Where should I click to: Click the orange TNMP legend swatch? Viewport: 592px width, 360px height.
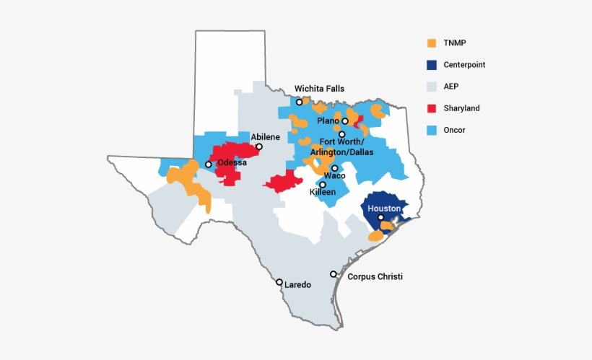pos(432,43)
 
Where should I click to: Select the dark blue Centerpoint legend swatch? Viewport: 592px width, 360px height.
pos(432,64)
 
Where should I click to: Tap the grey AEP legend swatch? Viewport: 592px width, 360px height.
pos(432,87)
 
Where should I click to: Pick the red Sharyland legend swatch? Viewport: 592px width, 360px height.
pos(432,108)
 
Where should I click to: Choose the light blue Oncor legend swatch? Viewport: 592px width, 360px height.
pos(432,130)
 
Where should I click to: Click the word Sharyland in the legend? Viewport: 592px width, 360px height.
pos(461,108)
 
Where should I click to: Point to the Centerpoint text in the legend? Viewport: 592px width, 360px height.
pos(464,64)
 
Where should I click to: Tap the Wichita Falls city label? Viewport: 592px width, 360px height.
pos(319,89)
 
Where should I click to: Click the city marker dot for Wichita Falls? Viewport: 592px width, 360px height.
pos(300,102)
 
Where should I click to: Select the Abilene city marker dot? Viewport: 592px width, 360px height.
pos(259,147)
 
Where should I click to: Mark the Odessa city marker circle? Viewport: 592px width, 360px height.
pos(209,164)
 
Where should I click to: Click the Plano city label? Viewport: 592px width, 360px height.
pos(328,120)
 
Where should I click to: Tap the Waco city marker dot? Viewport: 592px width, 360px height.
pos(334,168)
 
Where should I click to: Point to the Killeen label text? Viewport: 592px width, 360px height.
pos(323,193)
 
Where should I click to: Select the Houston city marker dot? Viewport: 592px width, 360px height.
pos(380,217)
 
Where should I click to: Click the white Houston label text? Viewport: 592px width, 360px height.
pos(384,208)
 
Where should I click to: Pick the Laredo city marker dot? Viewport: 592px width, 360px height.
pos(279,282)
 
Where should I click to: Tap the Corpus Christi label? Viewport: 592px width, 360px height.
pos(375,276)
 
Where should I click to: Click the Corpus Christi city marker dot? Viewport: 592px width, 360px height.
pos(334,274)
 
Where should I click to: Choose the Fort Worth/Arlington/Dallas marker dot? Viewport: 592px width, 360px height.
pos(342,134)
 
